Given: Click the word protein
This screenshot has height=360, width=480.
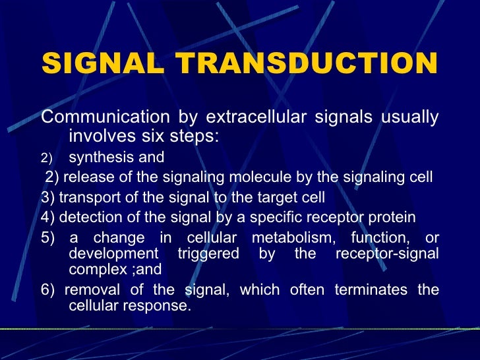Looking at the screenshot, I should [393, 217].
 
